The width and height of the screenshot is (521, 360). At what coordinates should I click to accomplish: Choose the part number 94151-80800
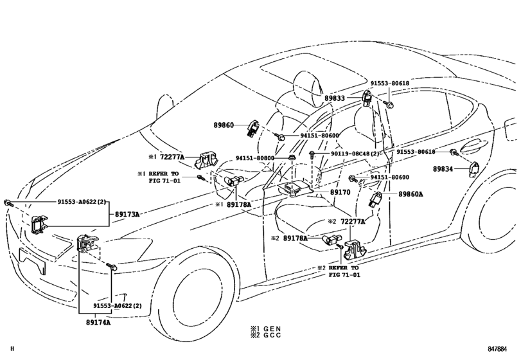(x=255, y=157)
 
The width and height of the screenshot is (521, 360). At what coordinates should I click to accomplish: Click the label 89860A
(x=411, y=193)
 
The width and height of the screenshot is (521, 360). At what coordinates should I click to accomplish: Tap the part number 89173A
(x=127, y=213)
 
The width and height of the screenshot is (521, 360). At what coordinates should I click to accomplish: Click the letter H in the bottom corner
(x=4, y=349)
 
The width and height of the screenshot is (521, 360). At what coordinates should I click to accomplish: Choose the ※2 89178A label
(x=288, y=238)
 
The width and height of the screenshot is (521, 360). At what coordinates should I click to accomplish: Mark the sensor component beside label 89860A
(x=376, y=199)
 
